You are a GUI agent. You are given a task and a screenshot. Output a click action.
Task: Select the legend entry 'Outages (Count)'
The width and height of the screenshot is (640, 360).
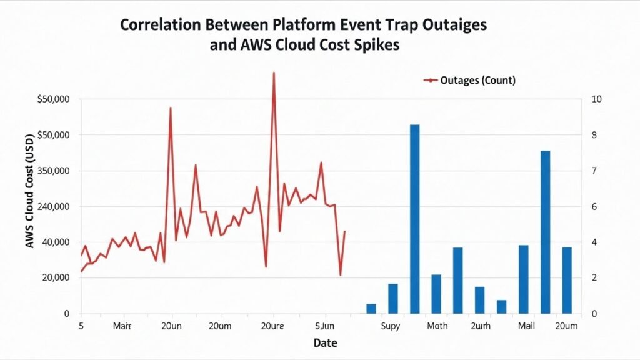click(477, 80)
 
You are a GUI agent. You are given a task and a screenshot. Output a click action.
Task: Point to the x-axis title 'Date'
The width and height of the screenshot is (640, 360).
click(325, 343)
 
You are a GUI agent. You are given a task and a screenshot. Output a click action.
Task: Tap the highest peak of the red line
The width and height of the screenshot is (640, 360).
click(273, 73)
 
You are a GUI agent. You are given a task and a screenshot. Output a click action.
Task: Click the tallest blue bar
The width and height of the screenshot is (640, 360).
click(414, 219)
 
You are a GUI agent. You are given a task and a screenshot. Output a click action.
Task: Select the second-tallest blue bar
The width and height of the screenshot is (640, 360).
click(545, 232)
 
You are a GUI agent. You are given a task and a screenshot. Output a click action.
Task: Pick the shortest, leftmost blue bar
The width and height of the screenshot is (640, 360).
click(371, 309)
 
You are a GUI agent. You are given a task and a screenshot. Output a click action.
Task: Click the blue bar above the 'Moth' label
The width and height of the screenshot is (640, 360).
click(436, 294)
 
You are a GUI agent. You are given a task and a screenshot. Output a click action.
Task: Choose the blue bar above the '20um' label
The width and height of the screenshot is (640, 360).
click(567, 280)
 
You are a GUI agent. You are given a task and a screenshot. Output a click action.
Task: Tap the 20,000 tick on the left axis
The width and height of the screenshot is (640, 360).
click(55, 278)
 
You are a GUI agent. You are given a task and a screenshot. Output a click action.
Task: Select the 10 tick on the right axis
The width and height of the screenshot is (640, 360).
click(596, 99)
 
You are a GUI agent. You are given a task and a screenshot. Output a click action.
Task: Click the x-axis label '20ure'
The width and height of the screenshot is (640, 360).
click(272, 326)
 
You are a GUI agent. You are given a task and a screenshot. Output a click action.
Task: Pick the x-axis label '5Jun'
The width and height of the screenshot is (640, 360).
click(324, 326)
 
